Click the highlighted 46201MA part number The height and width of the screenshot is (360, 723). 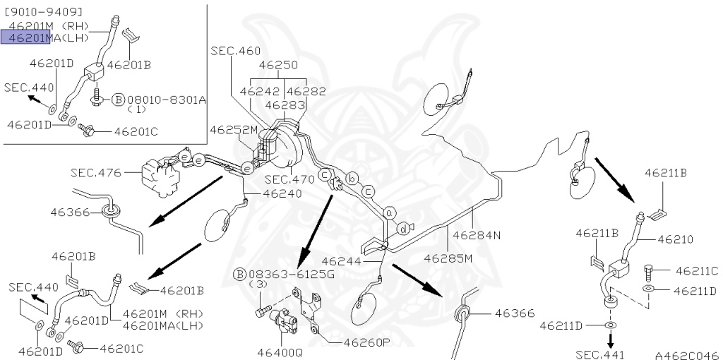(x=26, y=37)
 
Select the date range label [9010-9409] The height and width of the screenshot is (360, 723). (x=42, y=12)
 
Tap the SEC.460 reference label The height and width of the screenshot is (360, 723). (x=235, y=51)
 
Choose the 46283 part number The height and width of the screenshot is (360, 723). (x=285, y=104)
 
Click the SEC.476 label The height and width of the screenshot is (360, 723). (x=95, y=172)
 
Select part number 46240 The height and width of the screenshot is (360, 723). (x=282, y=193)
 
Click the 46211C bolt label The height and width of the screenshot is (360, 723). (x=696, y=270)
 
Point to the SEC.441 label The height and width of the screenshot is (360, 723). (x=600, y=354)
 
